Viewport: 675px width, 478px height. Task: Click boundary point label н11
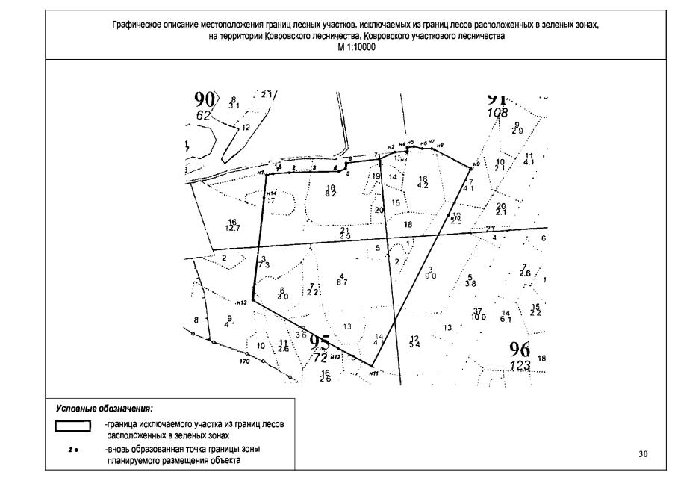pos(374,372)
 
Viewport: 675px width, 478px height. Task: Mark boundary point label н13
pos(241,303)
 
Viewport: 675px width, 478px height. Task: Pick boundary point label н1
pos(261,173)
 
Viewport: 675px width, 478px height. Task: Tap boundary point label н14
pos(271,193)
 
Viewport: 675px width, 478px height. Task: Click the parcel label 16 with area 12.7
pos(232,224)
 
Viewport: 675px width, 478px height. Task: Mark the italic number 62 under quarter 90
pos(203,116)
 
